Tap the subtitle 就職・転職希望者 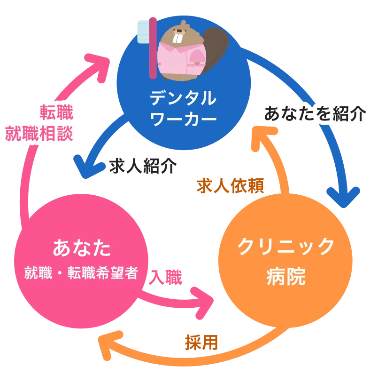click(x=82, y=273)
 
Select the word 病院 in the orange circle click(x=285, y=276)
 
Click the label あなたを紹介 click(x=315, y=114)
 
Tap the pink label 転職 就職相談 click(x=39, y=123)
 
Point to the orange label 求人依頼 click(x=231, y=186)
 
